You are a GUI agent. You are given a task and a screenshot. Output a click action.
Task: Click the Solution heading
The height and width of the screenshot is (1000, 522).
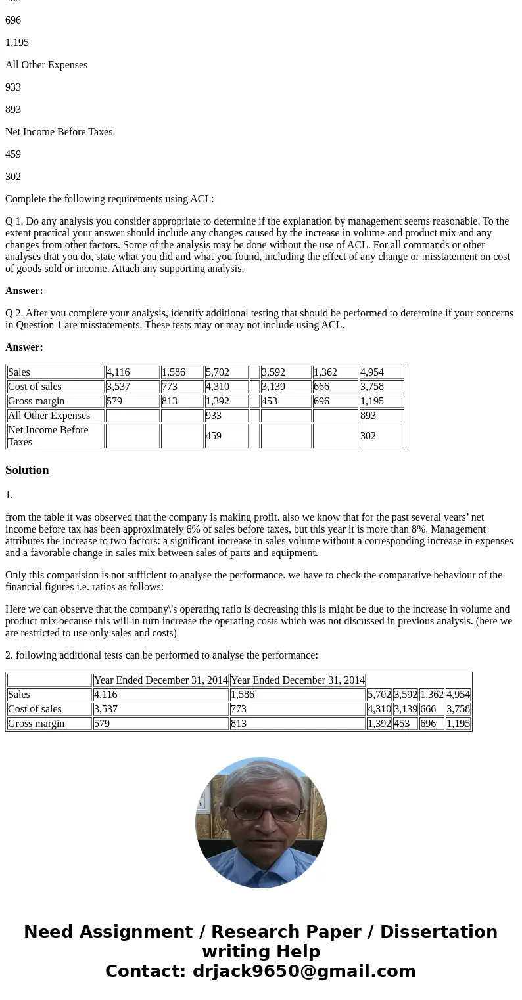(27, 470)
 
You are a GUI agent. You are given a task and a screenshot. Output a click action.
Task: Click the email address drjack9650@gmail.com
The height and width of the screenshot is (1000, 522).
(304, 972)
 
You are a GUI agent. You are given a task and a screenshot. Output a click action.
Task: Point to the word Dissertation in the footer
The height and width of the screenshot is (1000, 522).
(439, 932)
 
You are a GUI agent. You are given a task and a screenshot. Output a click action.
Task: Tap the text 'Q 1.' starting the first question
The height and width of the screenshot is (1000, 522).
(14, 221)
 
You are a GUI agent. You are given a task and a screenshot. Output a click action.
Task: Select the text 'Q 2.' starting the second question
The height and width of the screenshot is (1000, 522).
(14, 313)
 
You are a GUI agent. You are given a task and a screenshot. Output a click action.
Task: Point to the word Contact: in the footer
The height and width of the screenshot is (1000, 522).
(145, 972)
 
